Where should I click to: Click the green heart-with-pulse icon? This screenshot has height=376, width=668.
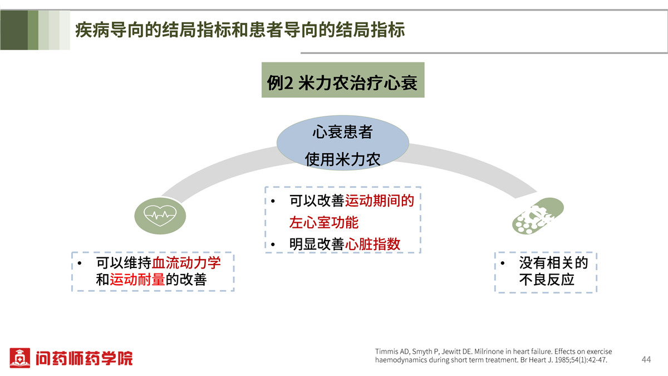pos(160,216)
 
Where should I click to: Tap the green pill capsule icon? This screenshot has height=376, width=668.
pos(538,216)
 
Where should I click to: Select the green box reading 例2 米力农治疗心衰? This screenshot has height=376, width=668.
pos(343,80)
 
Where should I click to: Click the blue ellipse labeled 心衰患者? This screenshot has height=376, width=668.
pos(343,143)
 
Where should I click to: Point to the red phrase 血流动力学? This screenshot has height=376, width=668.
pos(186,263)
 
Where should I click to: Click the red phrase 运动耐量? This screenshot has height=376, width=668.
pos(137,280)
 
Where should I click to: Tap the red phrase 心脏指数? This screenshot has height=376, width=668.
pos(372,244)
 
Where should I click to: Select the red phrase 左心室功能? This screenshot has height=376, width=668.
pos(324,223)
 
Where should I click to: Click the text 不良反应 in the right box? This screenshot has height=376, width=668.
pos(547,280)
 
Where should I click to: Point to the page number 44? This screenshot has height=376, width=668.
pos(646,359)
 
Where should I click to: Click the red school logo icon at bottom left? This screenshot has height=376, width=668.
pos(19,358)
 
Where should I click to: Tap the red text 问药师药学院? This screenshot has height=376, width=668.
pos(84,358)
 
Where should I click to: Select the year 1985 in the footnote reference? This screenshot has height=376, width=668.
pos(561,360)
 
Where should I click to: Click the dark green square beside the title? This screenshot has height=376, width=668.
pos(14,30)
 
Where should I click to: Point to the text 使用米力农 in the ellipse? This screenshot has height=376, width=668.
pos(343,159)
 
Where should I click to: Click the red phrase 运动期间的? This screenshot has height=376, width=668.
pos(380,201)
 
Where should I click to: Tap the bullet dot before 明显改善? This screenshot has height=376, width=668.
pos(273,245)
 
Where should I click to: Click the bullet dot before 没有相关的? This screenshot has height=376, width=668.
pos(503,263)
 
